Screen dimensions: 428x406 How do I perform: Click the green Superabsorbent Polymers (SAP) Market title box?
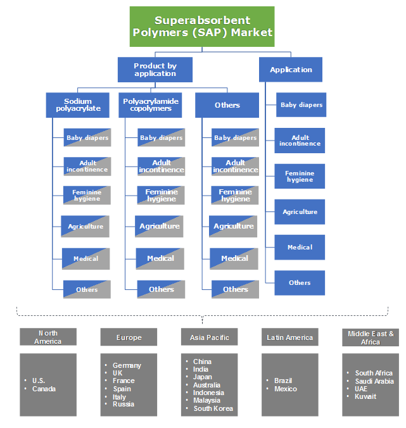tap(202, 27)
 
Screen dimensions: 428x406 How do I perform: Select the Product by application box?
tap(155, 70)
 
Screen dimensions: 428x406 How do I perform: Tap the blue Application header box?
tap(291, 70)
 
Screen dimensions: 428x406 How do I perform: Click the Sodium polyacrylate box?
tap(78, 105)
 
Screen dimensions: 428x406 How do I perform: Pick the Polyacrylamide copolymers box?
tap(151, 105)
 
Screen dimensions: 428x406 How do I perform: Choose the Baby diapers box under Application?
tap(301, 105)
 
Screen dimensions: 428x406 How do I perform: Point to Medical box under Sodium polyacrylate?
tap(86, 258)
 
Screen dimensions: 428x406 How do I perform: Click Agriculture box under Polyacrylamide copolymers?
tap(160, 226)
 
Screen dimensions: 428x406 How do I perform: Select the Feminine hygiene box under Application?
tap(300, 176)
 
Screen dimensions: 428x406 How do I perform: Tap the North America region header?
tap(48, 337)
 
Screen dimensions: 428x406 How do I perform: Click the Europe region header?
tap(129, 337)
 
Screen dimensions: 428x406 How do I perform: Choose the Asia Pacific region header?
tap(210, 337)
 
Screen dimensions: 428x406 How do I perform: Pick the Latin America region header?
tap(290, 337)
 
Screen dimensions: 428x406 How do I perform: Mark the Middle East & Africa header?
tap(371, 337)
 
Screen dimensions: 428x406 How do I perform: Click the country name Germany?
tap(127, 365)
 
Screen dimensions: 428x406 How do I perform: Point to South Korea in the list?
tap(213, 408)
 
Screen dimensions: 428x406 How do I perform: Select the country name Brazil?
tap(283, 381)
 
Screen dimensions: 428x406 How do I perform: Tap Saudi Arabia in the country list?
tap(374, 381)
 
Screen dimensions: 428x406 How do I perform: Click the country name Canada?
tap(44, 389)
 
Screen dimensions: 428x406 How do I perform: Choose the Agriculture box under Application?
tap(300, 211)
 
